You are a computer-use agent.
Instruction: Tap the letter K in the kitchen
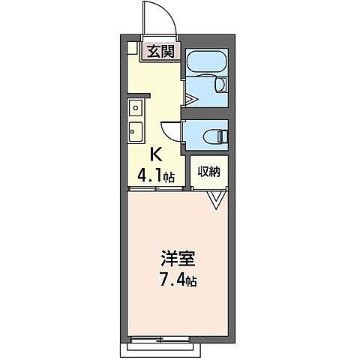[x=156, y=155]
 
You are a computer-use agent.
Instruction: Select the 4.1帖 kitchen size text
[x=155, y=178]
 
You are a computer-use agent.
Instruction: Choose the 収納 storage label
[x=208, y=171]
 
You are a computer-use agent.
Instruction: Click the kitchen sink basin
[x=136, y=130]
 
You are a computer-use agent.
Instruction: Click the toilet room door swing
[x=172, y=130]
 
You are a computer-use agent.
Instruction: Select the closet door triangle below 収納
[x=216, y=199]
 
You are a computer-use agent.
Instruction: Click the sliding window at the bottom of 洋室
[x=161, y=339]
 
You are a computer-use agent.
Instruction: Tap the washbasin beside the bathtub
[x=221, y=85]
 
